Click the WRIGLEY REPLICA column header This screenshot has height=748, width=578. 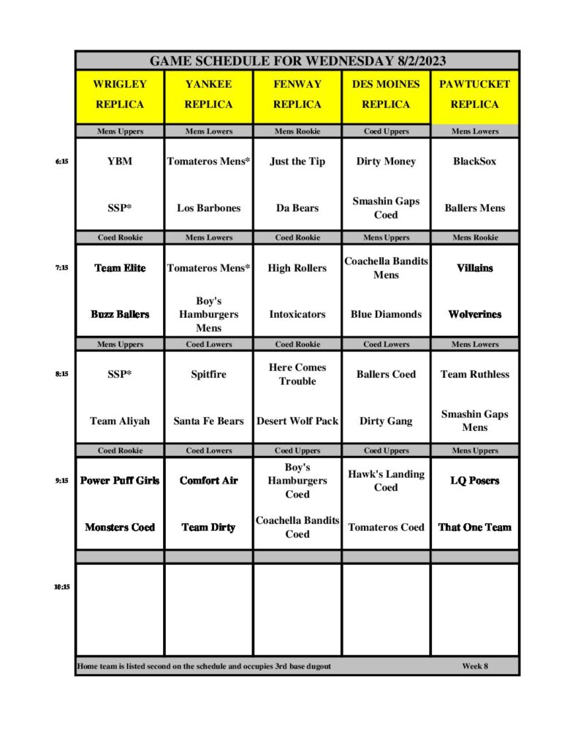point(120,94)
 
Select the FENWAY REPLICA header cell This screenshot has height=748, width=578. point(297,94)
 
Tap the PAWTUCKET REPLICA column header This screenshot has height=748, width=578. point(475,94)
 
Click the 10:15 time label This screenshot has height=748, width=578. point(61,586)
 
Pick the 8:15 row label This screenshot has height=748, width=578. point(61,374)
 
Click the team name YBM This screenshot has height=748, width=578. point(120,161)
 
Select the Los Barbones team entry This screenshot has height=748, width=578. point(209,208)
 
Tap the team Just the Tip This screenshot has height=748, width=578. point(297,161)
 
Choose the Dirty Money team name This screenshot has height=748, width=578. point(386,161)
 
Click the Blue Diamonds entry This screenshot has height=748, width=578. point(386,314)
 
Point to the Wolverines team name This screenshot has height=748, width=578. point(475,314)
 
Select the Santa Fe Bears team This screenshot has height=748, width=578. point(209,421)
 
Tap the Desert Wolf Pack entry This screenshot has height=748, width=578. point(297,421)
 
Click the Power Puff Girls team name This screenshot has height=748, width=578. point(120,481)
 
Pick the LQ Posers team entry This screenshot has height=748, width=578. point(475,481)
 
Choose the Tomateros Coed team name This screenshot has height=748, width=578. point(386,527)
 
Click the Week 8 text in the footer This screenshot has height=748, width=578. point(475,666)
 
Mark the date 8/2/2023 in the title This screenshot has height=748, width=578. point(416,61)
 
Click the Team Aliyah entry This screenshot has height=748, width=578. point(120,421)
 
